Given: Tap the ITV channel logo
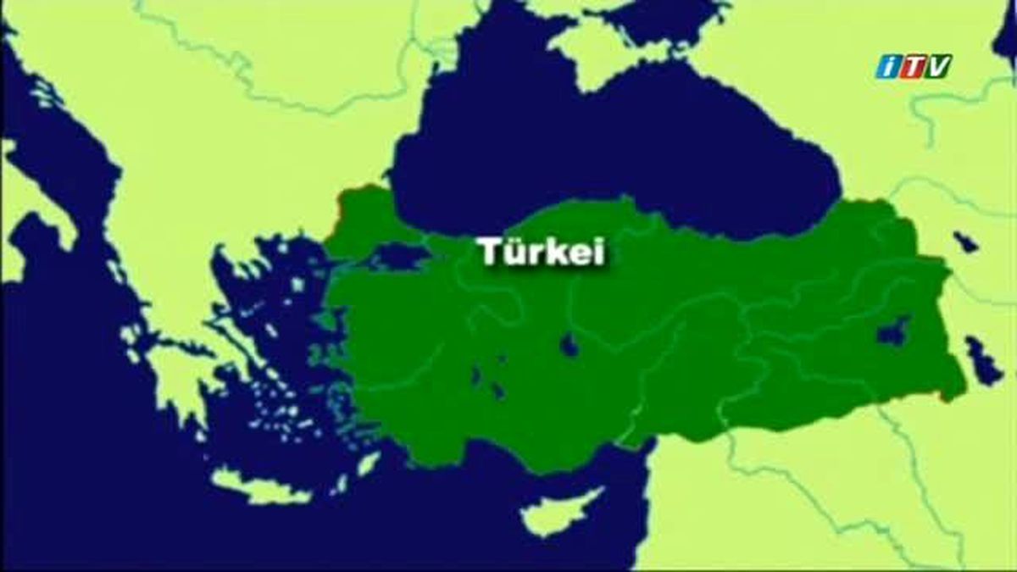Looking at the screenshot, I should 914,66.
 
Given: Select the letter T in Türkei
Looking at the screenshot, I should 486,252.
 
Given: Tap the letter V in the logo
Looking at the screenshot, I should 937,66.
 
